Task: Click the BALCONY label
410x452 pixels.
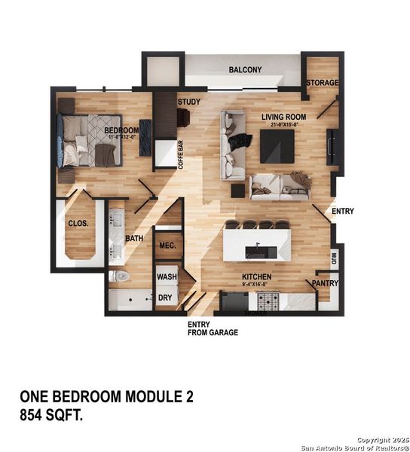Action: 245,70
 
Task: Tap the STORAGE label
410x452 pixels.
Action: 322,82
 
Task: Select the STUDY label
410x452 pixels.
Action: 188,101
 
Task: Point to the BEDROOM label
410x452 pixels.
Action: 121,130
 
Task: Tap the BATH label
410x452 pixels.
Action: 134,239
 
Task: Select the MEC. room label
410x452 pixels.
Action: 166,246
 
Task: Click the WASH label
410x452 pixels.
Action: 167,277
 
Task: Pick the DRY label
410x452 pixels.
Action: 166,298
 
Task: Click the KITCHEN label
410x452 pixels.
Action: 256,277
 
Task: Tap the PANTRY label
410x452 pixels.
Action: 326,283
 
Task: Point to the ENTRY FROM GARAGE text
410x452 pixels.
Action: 213,328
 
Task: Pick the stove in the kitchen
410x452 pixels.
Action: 269,301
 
